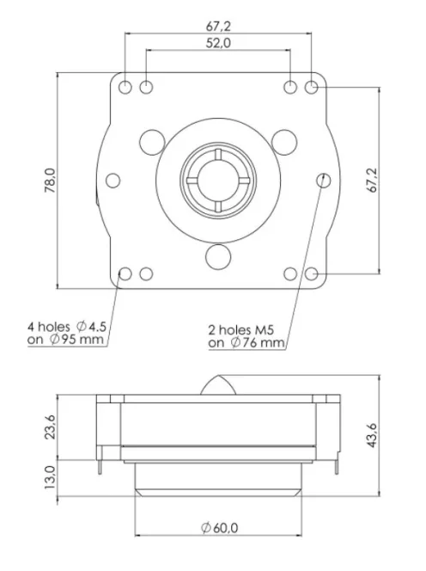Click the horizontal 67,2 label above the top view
(x=219, y=26)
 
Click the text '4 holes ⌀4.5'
(x=66, y=327)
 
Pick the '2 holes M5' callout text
(x=245, y=328)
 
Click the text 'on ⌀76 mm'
(x=246, y=342)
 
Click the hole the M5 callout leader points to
(x=323, y=181)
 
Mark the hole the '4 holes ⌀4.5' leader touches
(x=125, y=274)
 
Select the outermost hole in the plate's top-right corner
(x=313, y=88)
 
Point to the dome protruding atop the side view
(x=219, y=386)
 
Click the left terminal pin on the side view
(x=104, y=464)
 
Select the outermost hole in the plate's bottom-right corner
(x=313, y=274)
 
